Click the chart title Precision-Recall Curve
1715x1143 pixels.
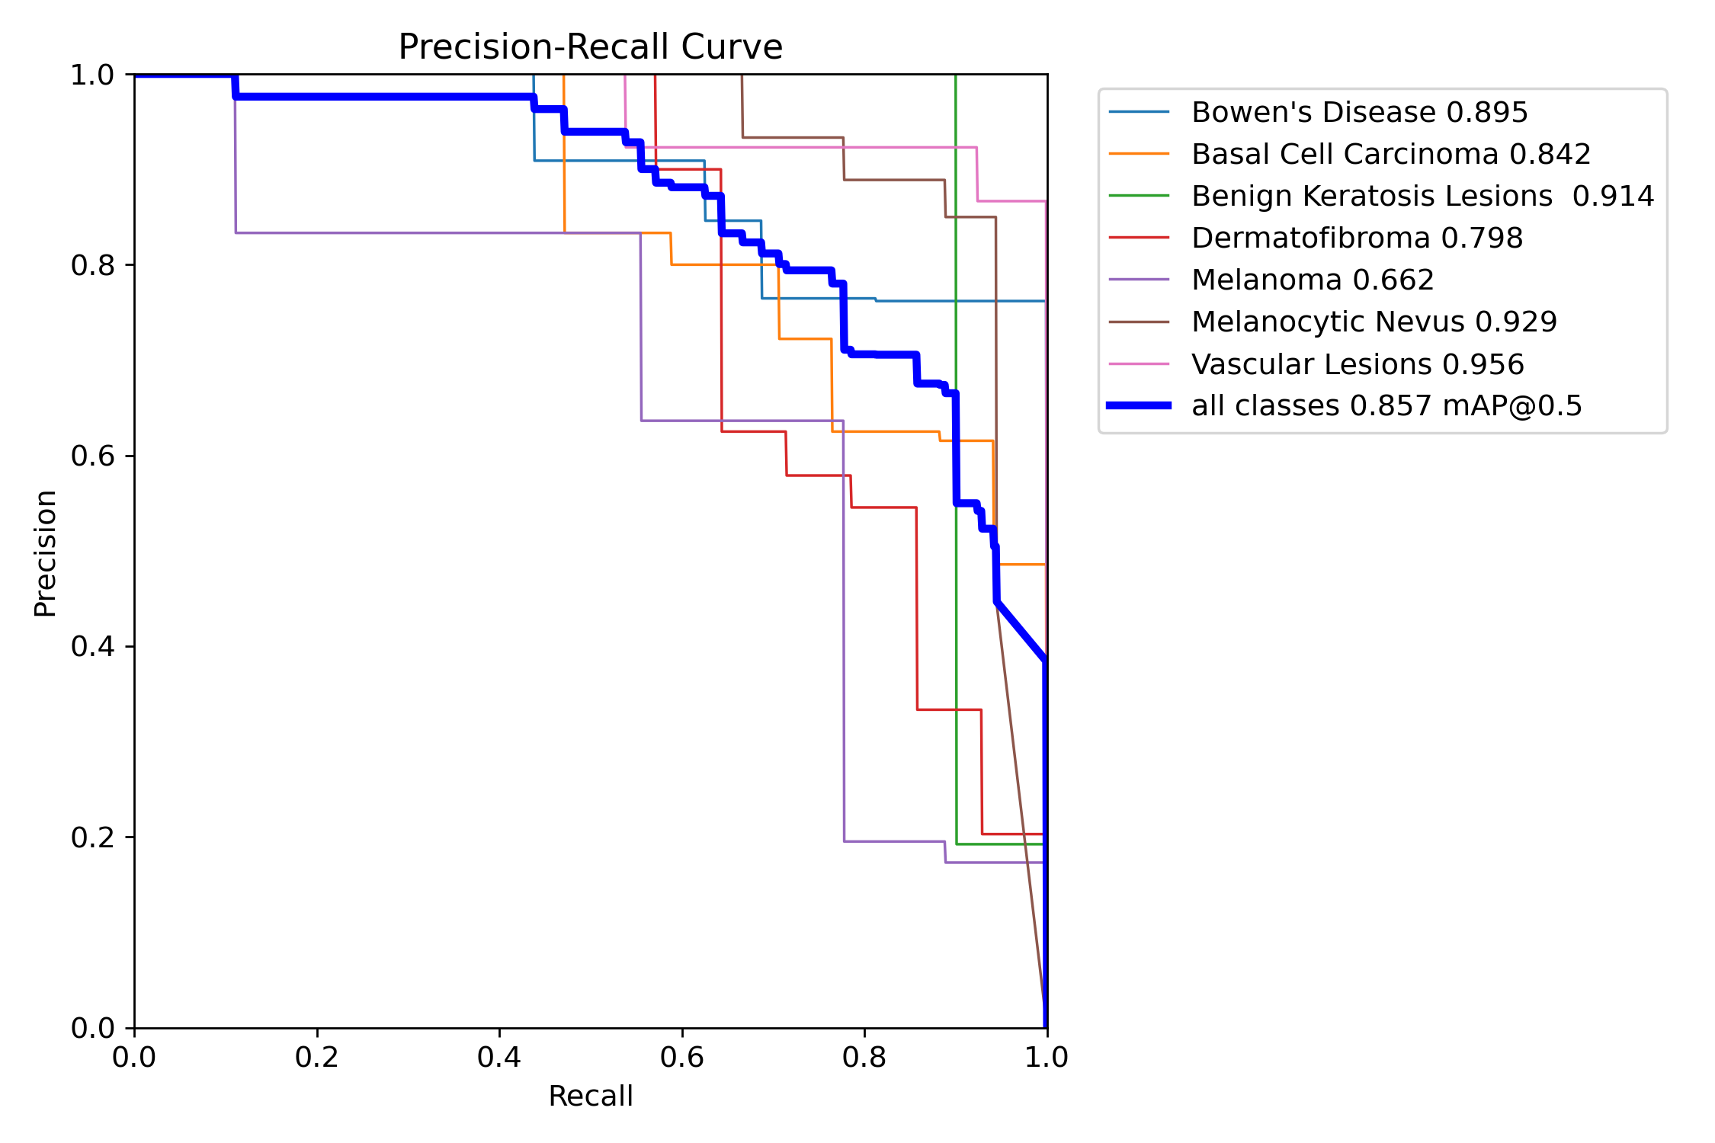(x=590, y=47)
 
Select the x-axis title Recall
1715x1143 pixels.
(x=591, y=1096)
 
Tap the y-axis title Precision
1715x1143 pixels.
(x=46, y=553)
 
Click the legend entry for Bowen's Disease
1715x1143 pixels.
(x=1359, y=112)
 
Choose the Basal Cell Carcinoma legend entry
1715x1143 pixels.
(x=1391, y=154)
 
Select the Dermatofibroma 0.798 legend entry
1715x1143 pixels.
(x=1357, y=238)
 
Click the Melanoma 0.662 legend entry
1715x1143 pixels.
(x=1313, y=280)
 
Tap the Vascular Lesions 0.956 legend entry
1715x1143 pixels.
(x=1358, y=364)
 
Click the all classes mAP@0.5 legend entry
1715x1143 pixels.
(x=1386, y=406)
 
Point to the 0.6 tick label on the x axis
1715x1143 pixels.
(x=682, y=1057)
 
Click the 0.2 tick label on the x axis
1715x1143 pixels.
(x=317, y=1057)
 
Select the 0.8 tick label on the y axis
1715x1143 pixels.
(x=92, y=265)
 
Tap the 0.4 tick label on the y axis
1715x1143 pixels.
(x=92, y=646)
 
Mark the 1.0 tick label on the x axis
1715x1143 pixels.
(x=1047, y=1057)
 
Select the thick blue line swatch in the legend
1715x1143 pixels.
(x=1139, y=405)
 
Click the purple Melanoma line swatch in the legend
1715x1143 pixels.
(x=1139, y=280)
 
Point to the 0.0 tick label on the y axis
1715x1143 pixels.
(x=92, y=1028)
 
